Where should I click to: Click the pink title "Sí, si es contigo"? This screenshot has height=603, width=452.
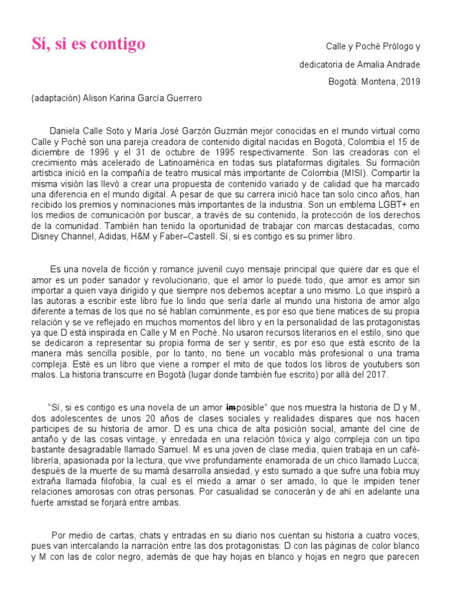pyautogui.click(x=88, y=45)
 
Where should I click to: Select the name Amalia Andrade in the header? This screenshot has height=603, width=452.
pyautogui.click(x=394, y=64)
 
